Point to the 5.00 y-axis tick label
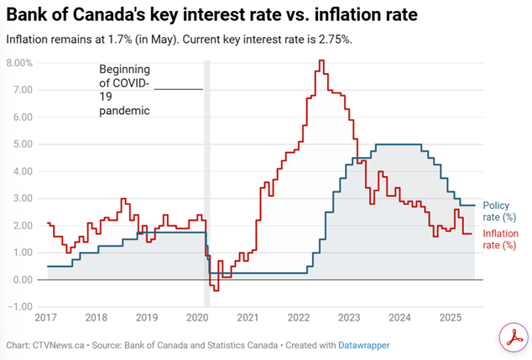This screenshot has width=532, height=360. [x=21, y=144]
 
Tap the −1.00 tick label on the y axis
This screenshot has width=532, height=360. [x=18, y=306]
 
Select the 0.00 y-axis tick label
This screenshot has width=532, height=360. [x=21, y=279]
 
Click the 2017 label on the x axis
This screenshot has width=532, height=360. [x=47, y=318]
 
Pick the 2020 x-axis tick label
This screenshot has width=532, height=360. [x=196, y=318]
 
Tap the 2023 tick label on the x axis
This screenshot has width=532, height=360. [x=349, y=318]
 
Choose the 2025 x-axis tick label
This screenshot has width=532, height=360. [x=451, y=318]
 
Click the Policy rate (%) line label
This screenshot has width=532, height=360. [x=502, y=211]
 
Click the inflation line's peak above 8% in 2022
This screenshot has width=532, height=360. [x=321, y=61]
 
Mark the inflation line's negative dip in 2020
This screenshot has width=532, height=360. [x=216, y=290]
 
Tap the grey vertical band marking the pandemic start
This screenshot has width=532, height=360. [x=207, y=168]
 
